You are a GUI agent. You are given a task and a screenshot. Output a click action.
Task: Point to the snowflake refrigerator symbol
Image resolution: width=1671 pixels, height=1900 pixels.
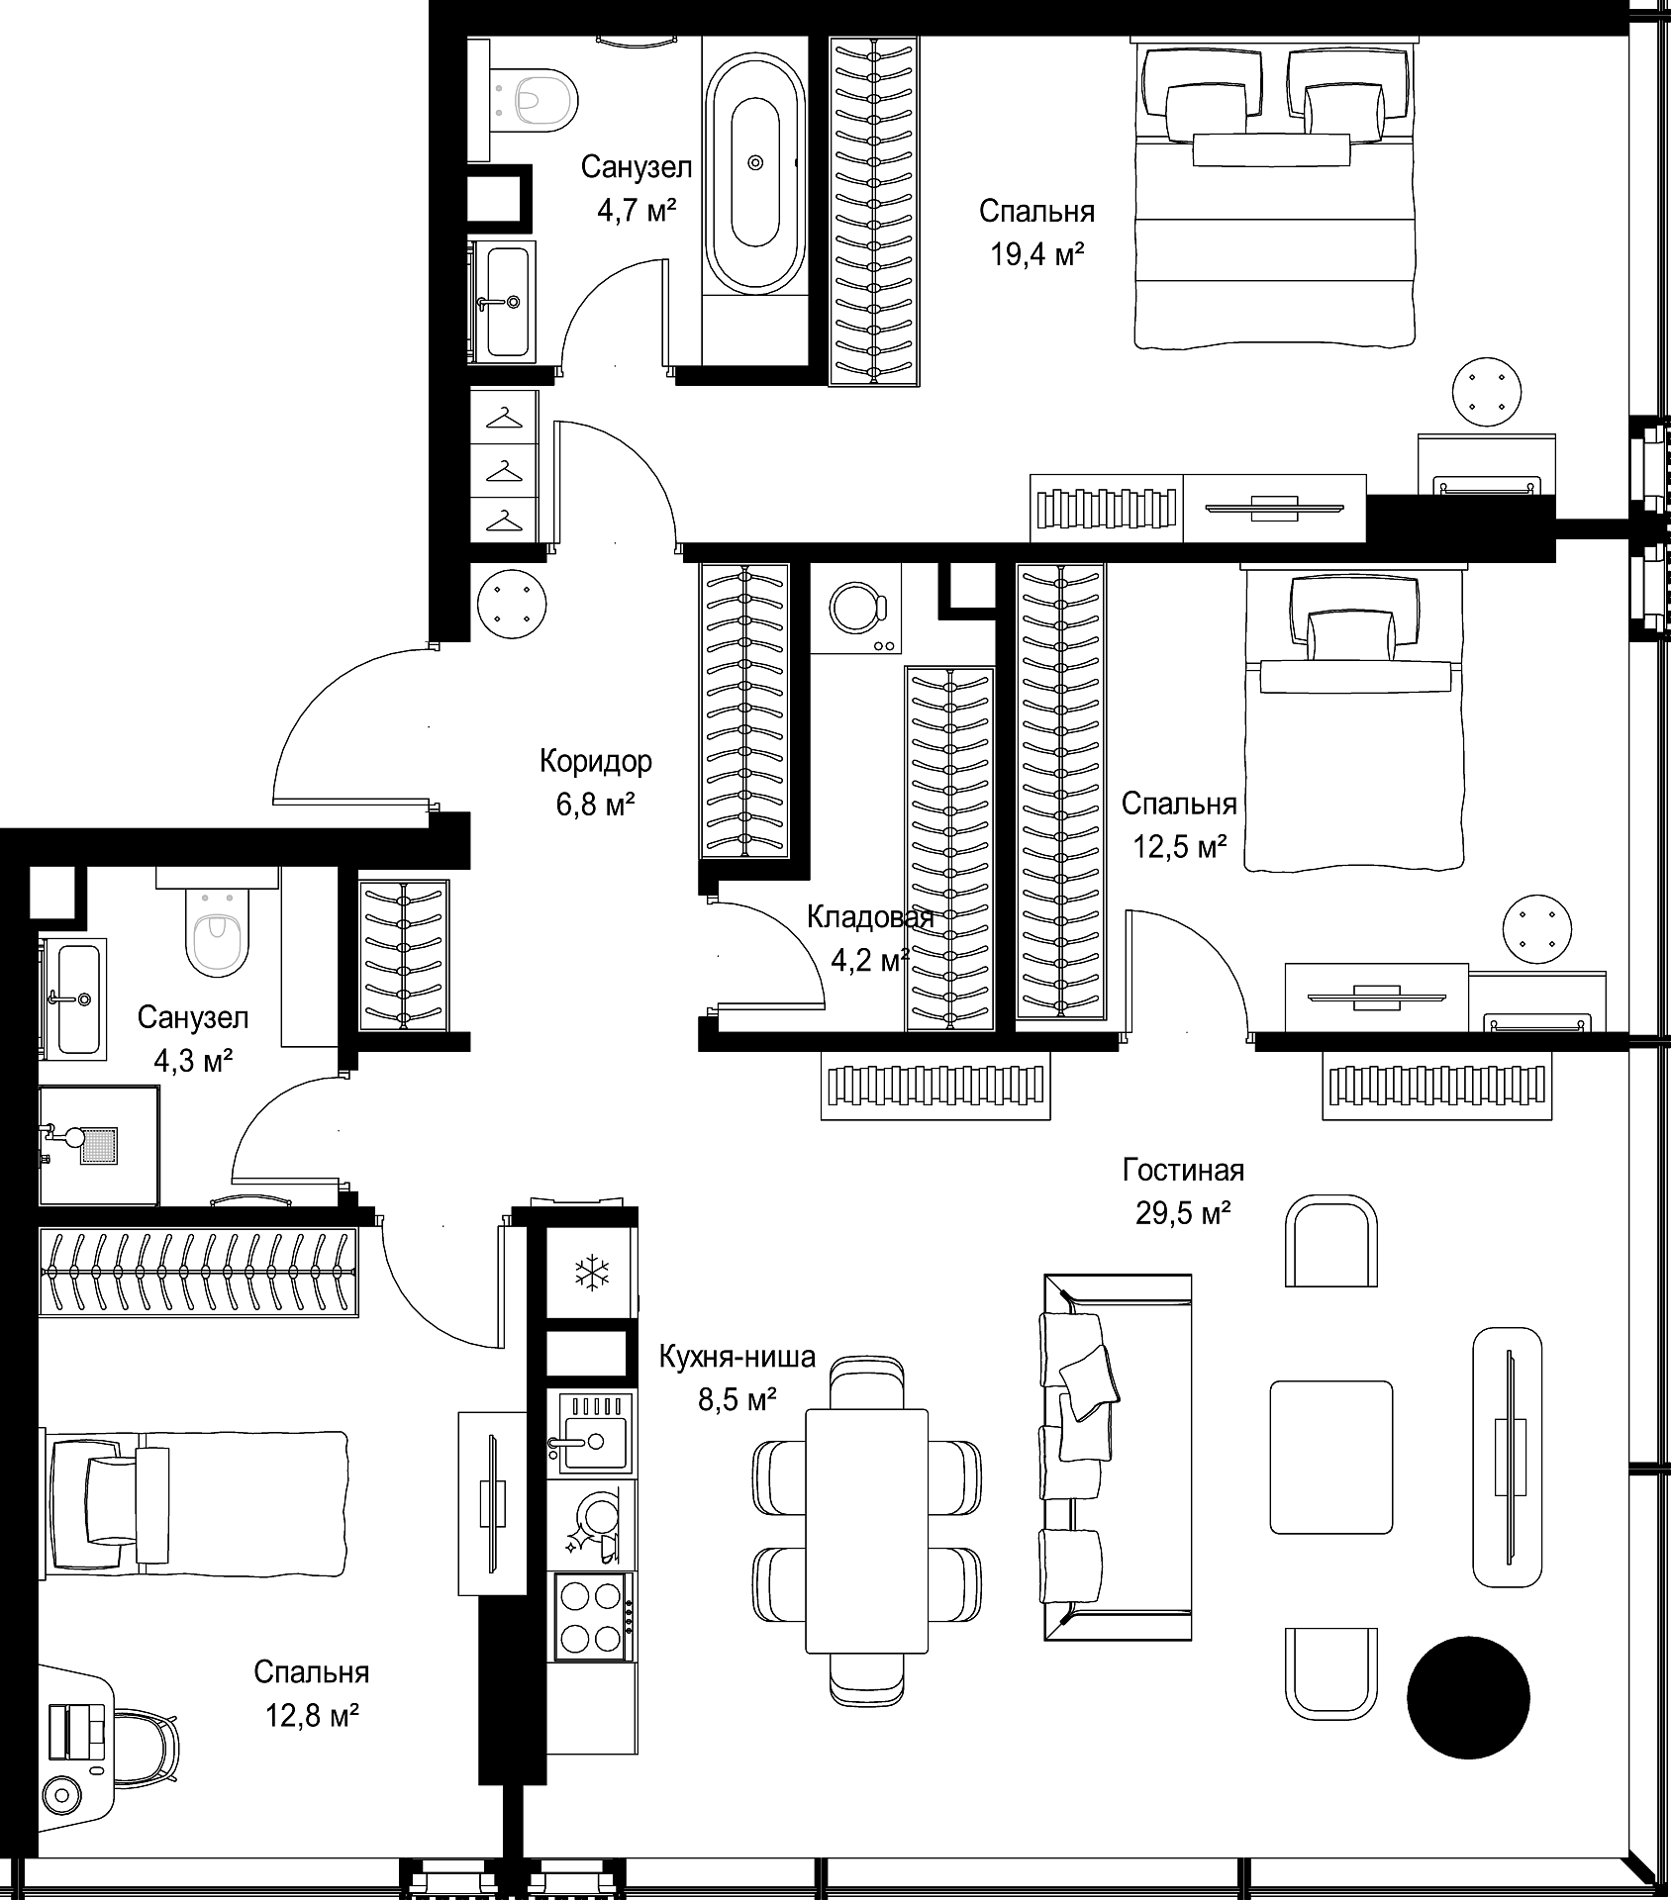(x=592, y=1273)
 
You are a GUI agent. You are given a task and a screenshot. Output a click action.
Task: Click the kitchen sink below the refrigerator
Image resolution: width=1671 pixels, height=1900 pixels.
(x=589, y=1434)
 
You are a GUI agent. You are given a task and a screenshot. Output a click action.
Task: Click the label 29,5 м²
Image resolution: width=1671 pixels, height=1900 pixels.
(x=1183, y=1212)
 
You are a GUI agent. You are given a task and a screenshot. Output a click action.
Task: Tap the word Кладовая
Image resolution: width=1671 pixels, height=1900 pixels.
(x=870, y=917)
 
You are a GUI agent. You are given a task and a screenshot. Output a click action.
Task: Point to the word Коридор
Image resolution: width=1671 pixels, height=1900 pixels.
(x=596, y=761)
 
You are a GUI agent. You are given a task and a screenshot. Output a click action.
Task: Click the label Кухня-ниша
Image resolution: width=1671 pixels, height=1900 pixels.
(x=737, y=1356)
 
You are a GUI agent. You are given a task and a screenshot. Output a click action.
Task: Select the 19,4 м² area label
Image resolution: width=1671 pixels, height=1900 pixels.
(x=1036, y=255)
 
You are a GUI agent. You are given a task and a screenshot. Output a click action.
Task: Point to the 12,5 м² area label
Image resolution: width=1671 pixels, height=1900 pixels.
(x=1180, y=847)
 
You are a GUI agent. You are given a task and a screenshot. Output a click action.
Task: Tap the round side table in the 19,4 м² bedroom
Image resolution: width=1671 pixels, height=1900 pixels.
(x=1487, y=392)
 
